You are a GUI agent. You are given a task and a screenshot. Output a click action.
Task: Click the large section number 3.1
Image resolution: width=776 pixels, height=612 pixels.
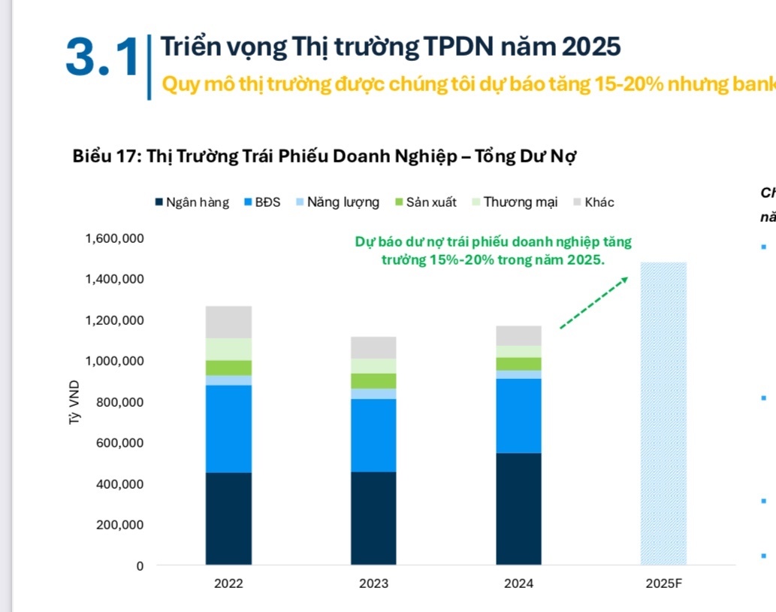coord(102,59)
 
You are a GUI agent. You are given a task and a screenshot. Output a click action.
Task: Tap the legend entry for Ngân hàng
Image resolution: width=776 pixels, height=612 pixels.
coord(192,202)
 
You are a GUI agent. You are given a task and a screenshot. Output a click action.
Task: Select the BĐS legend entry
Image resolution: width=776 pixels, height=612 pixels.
coord(262,202)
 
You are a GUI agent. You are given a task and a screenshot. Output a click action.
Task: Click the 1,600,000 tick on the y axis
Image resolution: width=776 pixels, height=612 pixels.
coord(115,238)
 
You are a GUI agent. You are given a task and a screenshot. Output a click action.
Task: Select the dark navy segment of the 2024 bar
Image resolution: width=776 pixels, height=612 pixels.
coord(518,508)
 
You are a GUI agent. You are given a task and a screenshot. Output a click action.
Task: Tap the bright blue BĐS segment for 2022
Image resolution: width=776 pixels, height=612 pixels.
coord(228,429)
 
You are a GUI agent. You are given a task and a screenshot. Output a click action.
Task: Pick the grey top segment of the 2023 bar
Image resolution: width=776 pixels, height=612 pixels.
coord(373,347)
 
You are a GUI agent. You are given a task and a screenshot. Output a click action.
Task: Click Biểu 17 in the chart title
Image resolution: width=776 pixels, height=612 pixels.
coord(105,156)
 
